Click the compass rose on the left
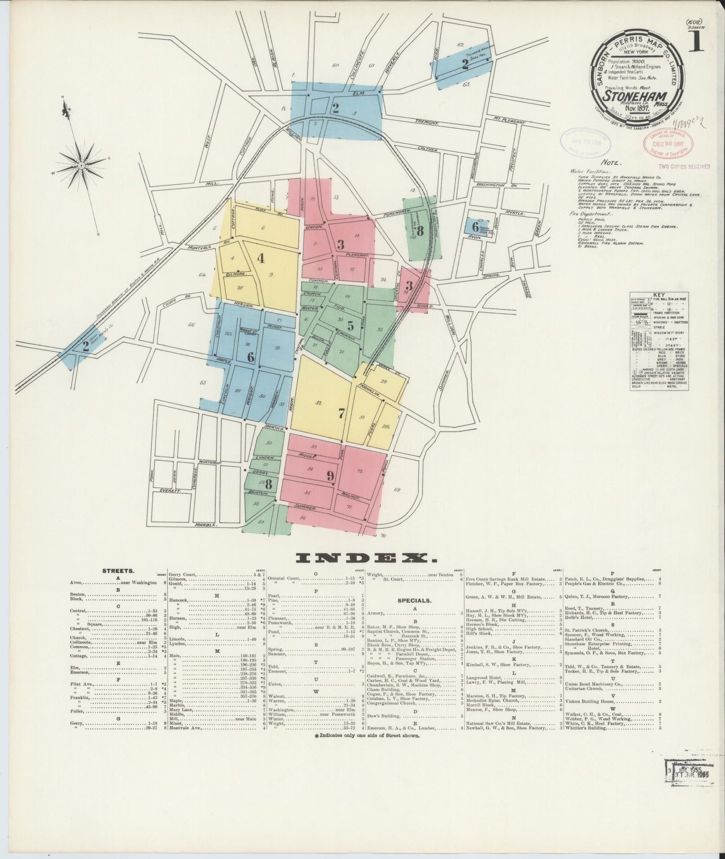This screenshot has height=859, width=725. coord(80,164)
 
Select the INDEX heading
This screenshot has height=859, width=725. coord(366,558)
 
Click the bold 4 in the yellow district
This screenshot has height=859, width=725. coord(260,259)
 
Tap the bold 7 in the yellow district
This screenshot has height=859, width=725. coord(342,414)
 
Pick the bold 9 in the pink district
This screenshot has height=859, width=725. coord(330,476)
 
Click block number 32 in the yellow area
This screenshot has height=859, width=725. coord(318,402)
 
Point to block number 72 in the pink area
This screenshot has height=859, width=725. coord(360,472)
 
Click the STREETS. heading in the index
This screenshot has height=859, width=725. coord(118,571)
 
